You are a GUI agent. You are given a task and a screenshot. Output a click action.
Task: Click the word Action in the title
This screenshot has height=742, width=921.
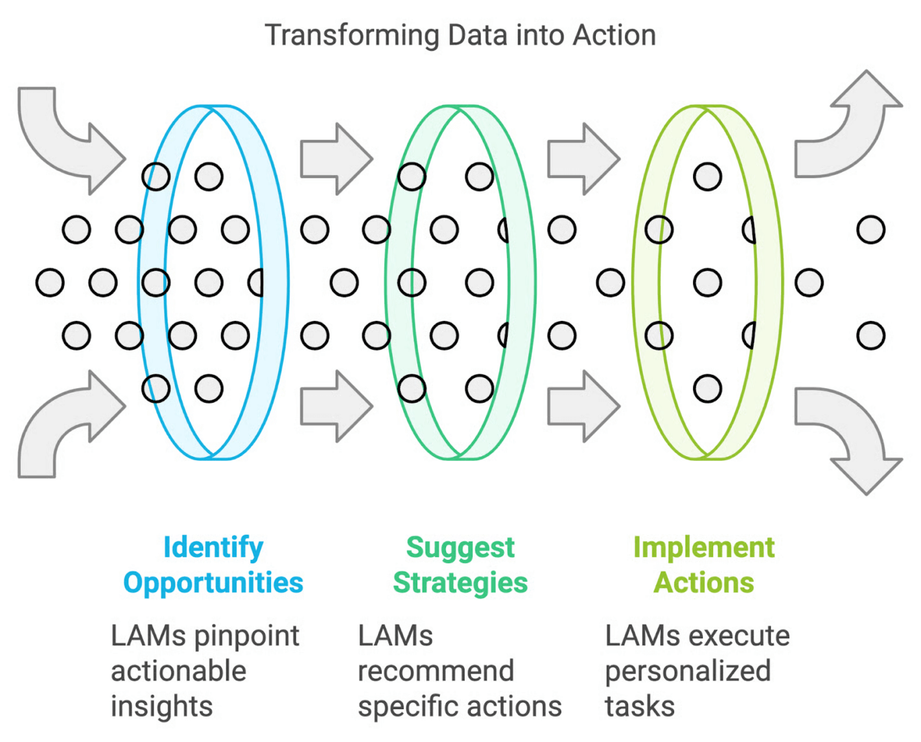pos(614,36)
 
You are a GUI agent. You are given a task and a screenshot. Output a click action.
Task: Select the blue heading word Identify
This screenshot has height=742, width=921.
pos(213,548)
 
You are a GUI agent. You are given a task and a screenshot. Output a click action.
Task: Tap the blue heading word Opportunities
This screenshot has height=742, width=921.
pos(213,583)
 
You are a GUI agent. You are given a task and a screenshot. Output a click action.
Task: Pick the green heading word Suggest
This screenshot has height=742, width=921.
pos(460,548)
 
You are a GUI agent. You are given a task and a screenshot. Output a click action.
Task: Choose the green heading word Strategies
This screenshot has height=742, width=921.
pos(460,583)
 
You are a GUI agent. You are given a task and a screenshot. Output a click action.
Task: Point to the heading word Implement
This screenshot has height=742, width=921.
pos(703,548)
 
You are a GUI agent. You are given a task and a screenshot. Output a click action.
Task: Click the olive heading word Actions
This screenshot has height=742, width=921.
pos(703,583)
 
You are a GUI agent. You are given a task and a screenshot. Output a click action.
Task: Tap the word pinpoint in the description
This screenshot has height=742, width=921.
pos(254,636)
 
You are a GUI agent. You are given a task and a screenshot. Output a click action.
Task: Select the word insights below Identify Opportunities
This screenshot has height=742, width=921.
pos(162,706)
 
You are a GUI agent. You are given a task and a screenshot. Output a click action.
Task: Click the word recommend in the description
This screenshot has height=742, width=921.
pos(436,671)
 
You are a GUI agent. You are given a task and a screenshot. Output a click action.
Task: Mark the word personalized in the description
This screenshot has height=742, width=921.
pos(688,671)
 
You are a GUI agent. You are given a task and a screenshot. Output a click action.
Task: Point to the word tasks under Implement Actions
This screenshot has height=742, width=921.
pos(640,706)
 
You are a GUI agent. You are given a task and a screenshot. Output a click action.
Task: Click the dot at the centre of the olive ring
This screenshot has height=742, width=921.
pos(708,282)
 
